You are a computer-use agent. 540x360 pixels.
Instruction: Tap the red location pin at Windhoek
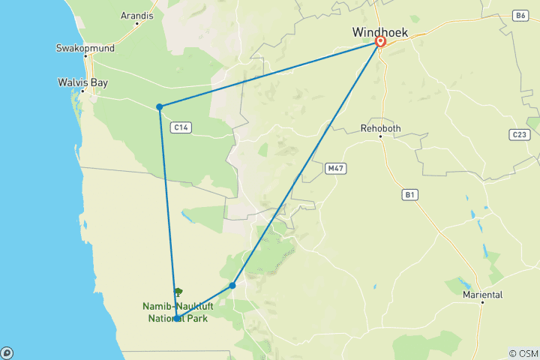pos(380,43)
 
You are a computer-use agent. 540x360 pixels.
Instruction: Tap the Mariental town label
pos(481,295)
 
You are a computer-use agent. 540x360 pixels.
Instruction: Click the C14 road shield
pos(180,127)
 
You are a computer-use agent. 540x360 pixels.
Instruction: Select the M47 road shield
pos(334,169)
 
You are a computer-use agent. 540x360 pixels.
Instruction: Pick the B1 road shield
pos(409,195)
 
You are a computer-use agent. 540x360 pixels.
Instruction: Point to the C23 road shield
pos(517,134)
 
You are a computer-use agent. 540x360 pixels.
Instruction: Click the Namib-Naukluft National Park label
pos(175,310)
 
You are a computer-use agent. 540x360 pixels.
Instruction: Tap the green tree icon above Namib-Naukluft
pos(178,292)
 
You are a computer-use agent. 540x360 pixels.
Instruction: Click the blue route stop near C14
pos(160,107)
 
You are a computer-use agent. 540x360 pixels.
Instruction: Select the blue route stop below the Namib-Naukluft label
pos(177,319)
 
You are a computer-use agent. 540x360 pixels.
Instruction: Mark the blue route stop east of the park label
pos(232,286)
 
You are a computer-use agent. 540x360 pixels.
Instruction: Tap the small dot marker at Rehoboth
pos(381,137)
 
